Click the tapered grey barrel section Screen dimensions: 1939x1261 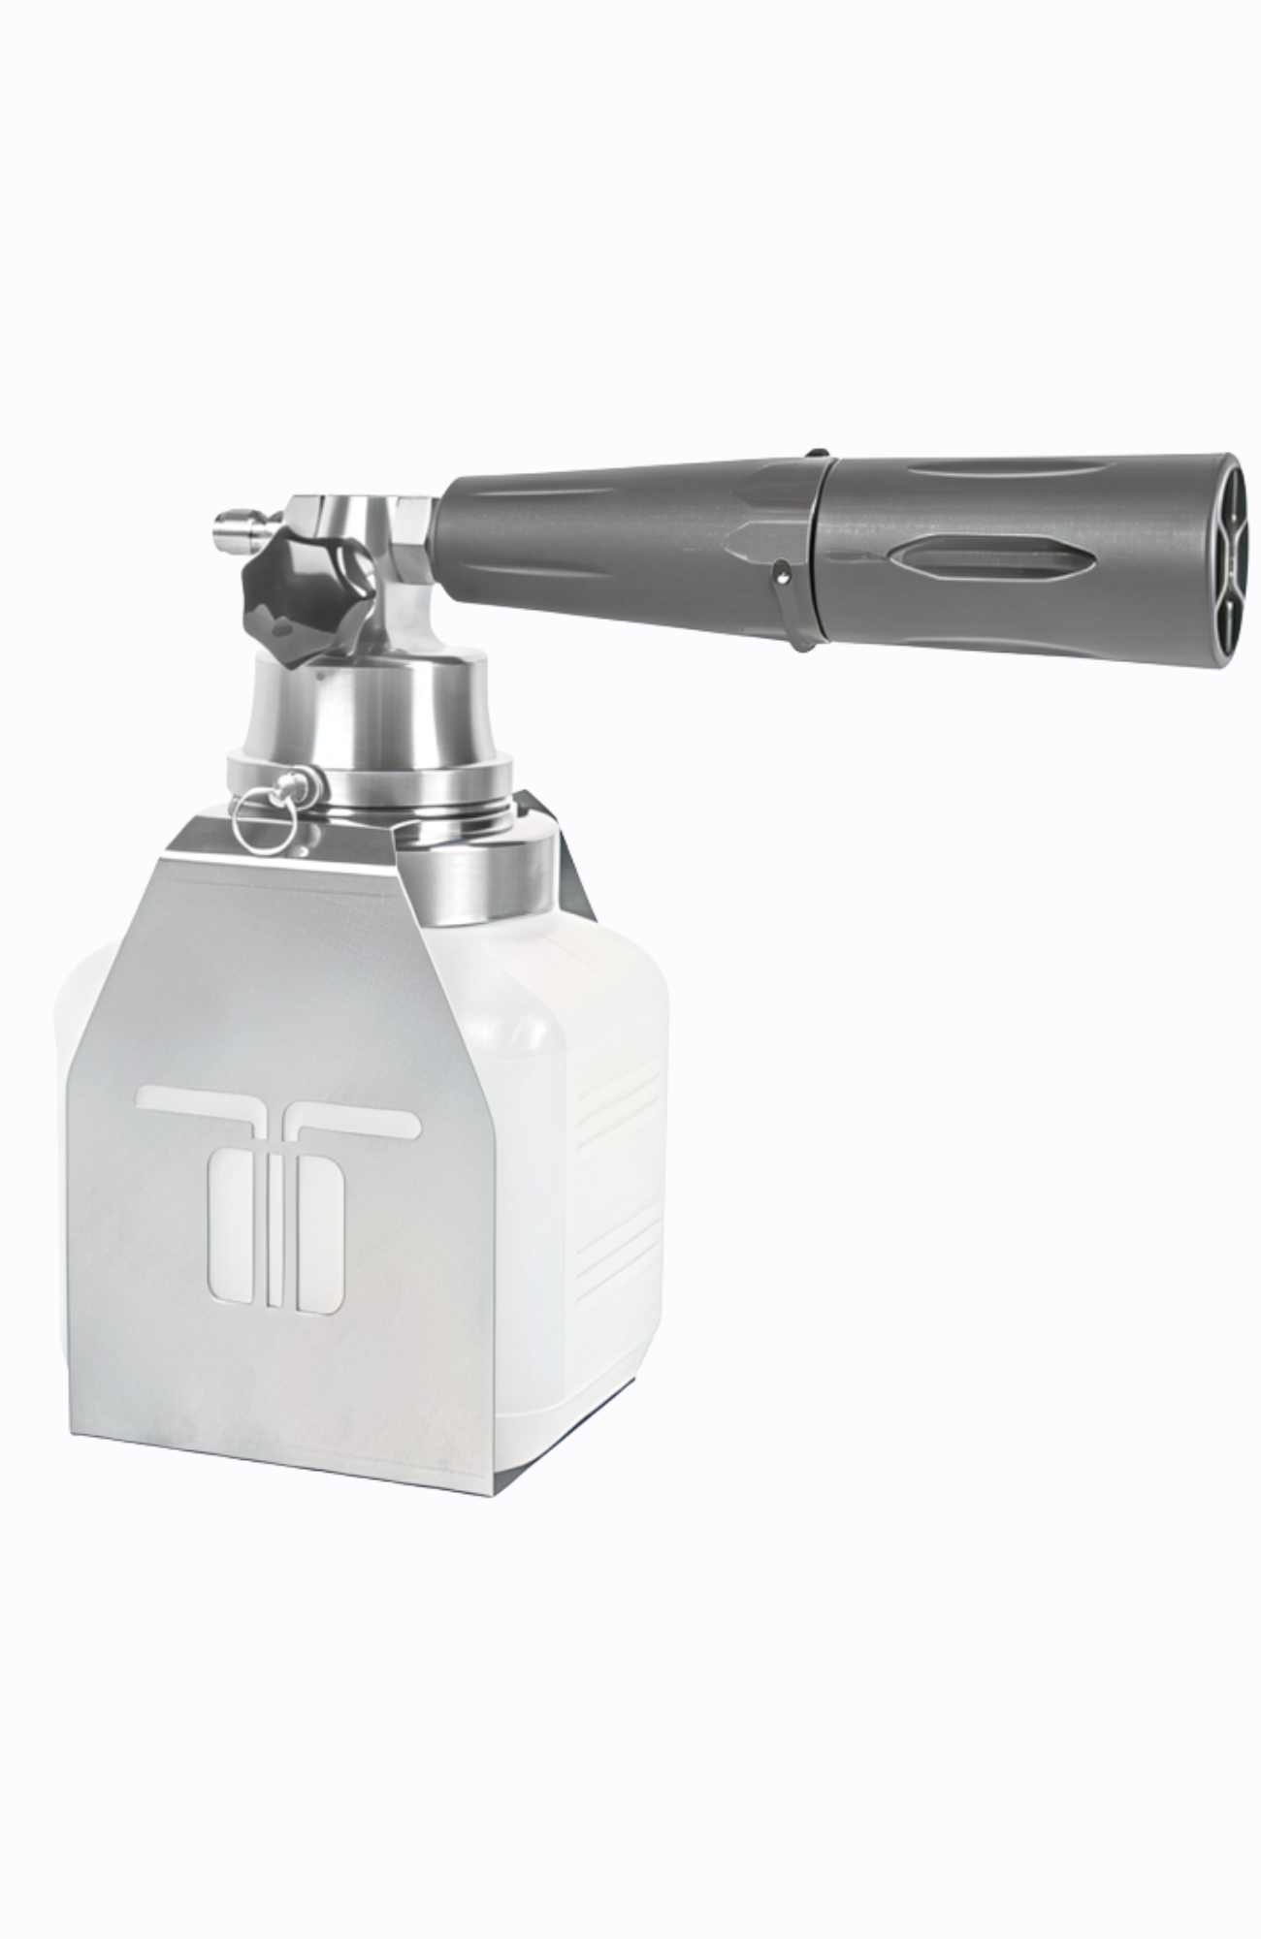point(621,553)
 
